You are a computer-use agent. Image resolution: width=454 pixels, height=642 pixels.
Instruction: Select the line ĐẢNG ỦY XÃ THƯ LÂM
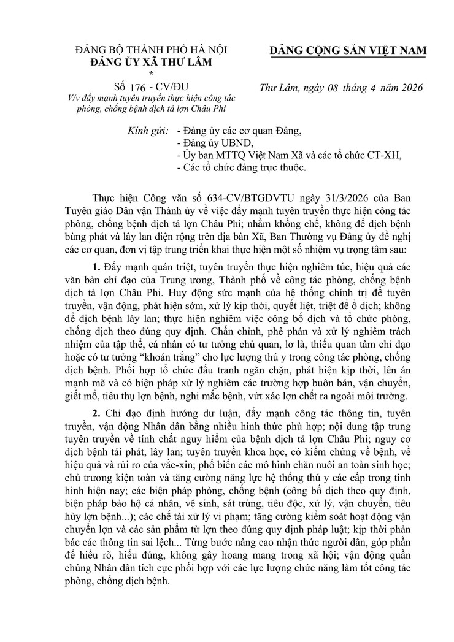(150, 61)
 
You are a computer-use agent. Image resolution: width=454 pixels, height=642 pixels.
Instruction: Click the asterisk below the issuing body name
(150, 72)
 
